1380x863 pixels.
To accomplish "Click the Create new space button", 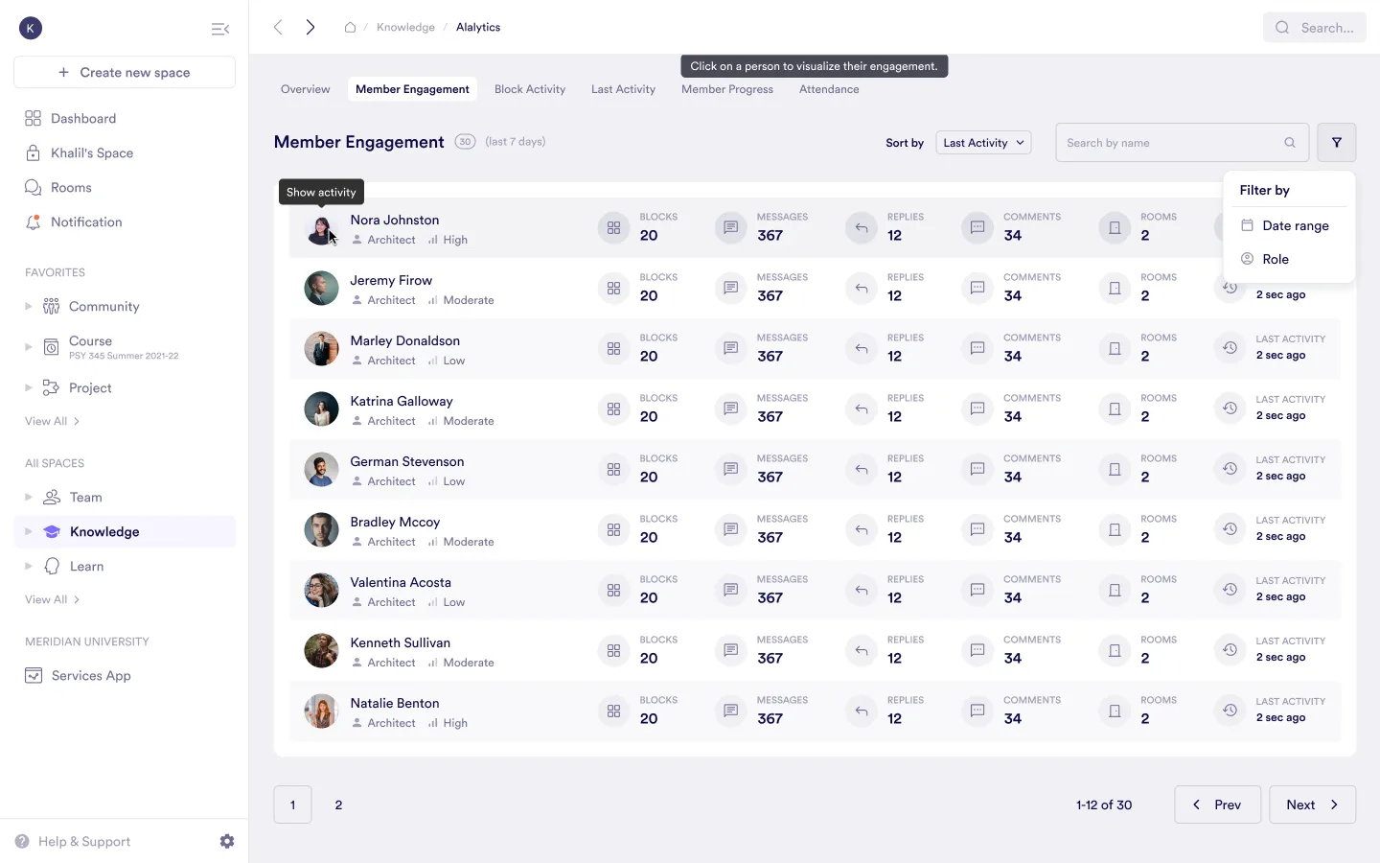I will point(125,73).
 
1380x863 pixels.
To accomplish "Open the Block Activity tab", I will point(530,89).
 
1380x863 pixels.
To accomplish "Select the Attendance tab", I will point(829,89).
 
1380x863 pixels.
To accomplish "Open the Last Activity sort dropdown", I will point(983,143).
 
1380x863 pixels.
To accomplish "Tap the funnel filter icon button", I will point(1336,143).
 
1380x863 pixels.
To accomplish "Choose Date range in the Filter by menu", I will point(1295,226).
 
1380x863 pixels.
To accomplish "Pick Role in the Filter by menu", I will point(1275,259).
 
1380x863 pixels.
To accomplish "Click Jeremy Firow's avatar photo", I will point(321,289).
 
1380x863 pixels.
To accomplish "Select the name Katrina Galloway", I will point(402,401).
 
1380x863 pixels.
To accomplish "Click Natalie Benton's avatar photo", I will point(321,711).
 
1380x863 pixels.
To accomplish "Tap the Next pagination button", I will point(1312,805).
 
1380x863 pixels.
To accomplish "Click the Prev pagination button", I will point(1217,805).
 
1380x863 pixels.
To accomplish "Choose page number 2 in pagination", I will point(338,805).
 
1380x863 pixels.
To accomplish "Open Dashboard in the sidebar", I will point(83,119).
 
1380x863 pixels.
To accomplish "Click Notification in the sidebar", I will point(86,222).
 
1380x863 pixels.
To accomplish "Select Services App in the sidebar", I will point(91,676).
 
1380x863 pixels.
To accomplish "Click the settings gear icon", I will point(227,841).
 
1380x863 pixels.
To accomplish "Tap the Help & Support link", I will point(84,842).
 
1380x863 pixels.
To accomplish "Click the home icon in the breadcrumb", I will point(351,28).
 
